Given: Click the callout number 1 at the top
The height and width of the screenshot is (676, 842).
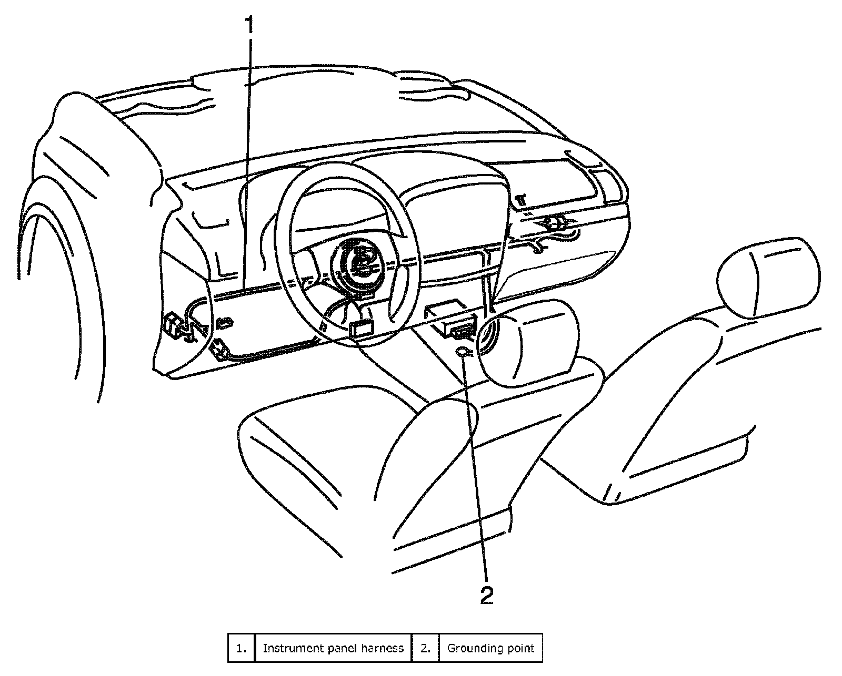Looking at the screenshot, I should tap(249, 25).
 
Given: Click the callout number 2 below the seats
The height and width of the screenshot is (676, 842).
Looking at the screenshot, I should tap(487, 596).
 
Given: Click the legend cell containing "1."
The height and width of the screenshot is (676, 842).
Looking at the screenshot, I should tap(241, 648).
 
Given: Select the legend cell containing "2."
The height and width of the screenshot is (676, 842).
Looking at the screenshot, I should tap(425, 648).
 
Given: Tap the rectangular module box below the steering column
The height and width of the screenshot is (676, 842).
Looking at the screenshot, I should tap(361, 328).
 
